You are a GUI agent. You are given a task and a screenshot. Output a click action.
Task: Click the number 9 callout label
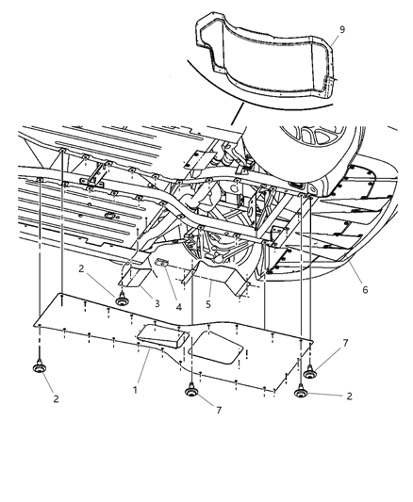342,29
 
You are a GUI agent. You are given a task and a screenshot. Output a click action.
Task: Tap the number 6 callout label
365,290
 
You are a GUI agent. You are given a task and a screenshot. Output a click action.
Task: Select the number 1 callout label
135,390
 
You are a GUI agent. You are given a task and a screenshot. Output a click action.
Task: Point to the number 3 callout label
157,303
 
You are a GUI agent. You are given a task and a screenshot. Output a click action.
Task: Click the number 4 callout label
178,307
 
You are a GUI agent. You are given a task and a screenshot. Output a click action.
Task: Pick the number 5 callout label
208,304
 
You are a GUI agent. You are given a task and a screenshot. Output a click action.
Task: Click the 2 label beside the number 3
81,268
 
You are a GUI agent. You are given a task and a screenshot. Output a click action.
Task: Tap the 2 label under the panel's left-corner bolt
56,398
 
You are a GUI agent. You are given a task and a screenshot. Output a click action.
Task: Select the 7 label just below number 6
345,343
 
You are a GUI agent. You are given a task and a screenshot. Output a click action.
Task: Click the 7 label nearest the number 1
219,410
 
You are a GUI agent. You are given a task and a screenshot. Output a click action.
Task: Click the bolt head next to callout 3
121,300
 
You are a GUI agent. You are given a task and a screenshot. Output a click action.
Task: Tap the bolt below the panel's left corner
39,367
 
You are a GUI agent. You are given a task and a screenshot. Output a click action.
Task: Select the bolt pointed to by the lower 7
191,390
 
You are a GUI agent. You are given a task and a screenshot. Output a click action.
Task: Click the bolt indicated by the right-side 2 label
301,391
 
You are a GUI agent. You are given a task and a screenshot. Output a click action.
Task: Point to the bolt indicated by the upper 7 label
309,372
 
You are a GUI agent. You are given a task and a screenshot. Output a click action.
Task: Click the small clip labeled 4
162,262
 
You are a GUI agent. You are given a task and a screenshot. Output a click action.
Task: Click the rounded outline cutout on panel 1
215,348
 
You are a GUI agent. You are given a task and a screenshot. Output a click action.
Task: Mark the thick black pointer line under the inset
238,114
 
